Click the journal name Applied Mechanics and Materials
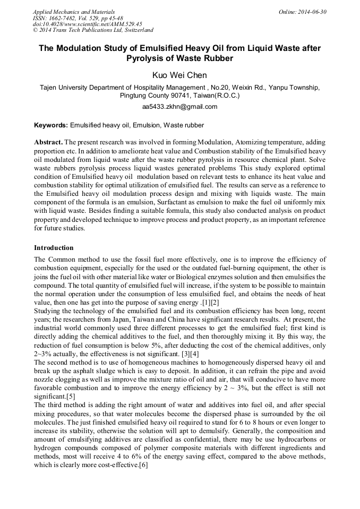73,12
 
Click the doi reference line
87,24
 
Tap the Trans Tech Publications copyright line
93,30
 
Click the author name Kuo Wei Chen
179,75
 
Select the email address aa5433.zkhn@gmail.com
179,107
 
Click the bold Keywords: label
51,125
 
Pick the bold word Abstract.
48,143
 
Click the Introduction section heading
54,248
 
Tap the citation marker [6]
143,465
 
